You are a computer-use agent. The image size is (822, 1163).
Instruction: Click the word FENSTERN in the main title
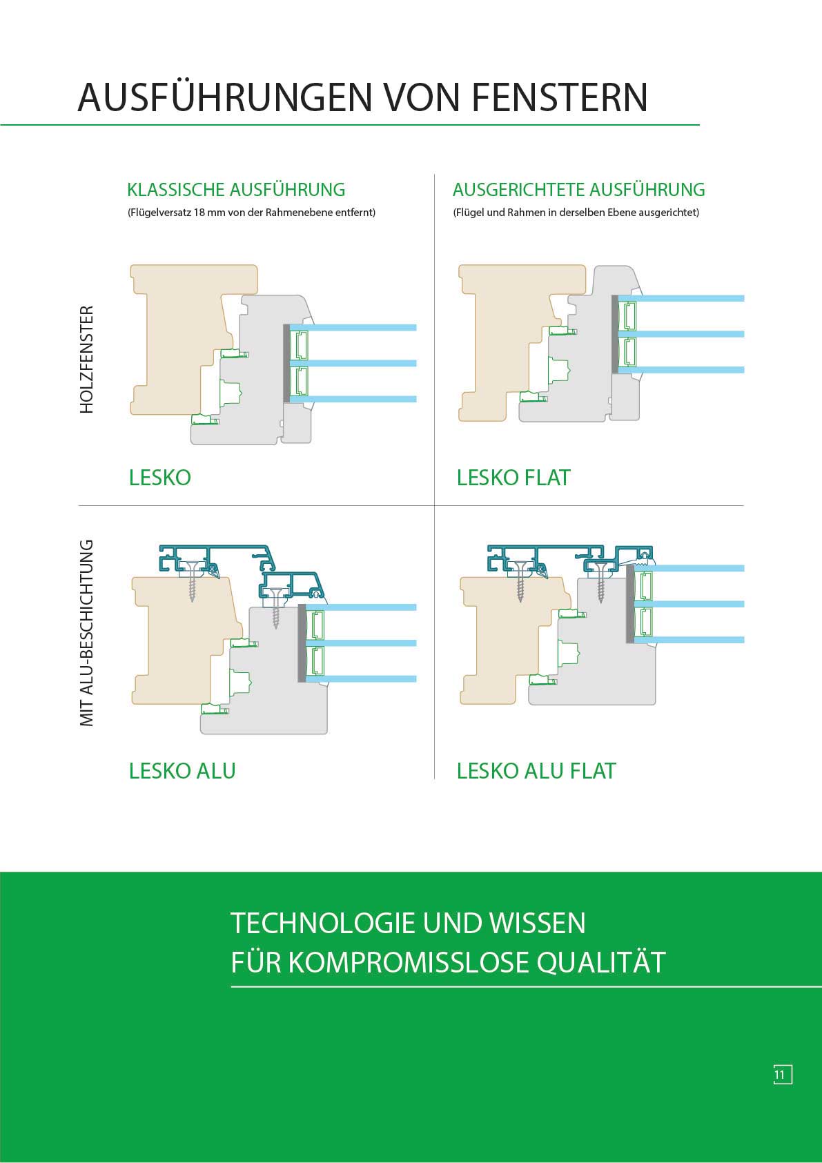560,97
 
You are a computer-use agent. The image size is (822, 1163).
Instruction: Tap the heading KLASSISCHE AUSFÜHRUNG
236,190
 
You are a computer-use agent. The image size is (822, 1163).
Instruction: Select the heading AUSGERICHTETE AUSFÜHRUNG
578,190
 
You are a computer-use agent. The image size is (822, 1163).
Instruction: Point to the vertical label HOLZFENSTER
86,360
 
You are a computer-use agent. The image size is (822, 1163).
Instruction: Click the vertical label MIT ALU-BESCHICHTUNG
86,632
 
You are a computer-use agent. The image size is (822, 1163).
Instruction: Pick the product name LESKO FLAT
513,478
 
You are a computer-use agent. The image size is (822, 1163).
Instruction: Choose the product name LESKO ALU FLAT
536,771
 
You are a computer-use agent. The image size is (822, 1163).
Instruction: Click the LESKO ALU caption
182,771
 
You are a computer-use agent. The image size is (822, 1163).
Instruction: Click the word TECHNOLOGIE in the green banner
322,923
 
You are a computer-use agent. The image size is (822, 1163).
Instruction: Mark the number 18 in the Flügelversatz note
200,213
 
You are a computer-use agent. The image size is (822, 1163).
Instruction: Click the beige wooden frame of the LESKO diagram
173,345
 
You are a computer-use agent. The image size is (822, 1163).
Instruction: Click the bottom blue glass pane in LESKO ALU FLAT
690,640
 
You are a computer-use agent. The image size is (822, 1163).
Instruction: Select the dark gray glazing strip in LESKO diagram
286,364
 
